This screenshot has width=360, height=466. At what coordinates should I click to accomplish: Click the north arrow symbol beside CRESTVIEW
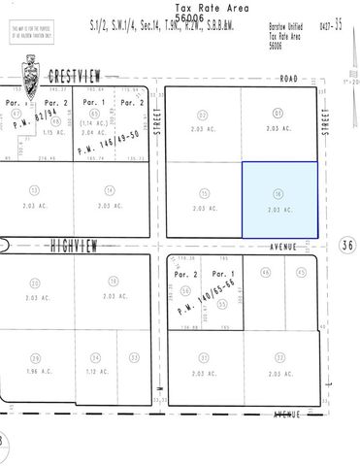coord(33,75)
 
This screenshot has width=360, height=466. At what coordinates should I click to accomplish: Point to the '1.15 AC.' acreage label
coord(53,132)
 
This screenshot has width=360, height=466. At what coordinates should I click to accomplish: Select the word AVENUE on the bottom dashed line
coord(286,415)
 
